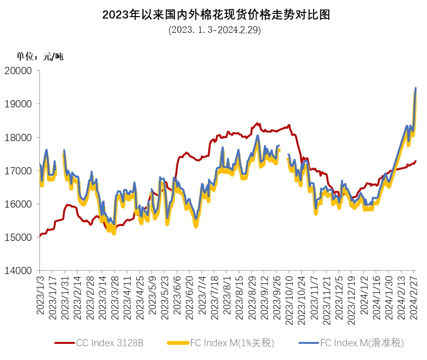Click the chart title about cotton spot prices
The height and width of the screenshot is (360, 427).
tap(216, 15)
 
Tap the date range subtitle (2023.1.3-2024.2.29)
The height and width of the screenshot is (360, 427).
tap(215, 30)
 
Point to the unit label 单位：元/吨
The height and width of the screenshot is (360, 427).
tap(40, 57)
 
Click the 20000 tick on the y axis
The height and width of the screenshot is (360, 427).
tap(20, 71)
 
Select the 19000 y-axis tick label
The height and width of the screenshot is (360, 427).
tap(20, 104)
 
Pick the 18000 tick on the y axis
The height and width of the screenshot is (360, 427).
tap(20, 137)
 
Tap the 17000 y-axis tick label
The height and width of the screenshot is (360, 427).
tap(20, 171)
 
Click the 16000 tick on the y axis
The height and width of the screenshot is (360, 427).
tap(20, 204)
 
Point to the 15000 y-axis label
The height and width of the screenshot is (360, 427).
tap(20, 237)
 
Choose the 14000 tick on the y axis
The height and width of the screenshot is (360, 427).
tap(20, 270)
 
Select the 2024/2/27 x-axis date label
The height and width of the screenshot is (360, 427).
tap(414, 297)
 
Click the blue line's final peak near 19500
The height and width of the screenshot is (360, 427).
tap(416, 88)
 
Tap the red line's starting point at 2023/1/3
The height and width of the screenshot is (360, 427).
tap(40, 236)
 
